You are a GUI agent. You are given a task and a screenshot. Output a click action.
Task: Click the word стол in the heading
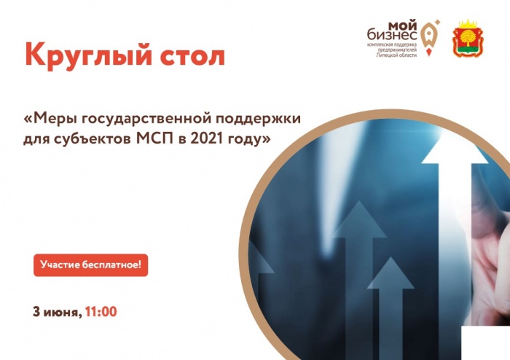point(192,56)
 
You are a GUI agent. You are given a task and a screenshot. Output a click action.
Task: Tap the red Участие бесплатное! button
point(91,265)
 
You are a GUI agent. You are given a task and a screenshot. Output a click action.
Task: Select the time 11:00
point(101,312)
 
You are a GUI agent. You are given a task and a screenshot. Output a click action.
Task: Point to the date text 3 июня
point(58,312)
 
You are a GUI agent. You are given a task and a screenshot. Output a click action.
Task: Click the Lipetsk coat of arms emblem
point(468,39)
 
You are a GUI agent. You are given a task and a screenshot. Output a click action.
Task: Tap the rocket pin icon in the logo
point(429,37)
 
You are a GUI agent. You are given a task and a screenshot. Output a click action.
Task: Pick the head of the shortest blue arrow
point(391,273)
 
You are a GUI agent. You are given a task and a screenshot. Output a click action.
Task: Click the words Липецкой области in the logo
point(396,55)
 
